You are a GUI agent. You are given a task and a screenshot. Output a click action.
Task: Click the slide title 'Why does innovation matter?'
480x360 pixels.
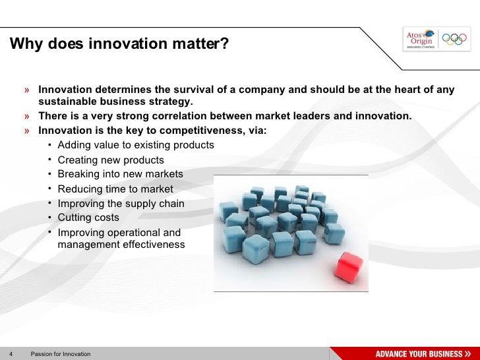(119, 44)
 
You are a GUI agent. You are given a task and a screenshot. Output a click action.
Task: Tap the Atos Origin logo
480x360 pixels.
(420, 39)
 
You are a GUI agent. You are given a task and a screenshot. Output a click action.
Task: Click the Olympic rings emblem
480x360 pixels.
(454, 39)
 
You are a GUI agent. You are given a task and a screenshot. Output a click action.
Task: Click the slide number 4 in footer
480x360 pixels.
(11, 354)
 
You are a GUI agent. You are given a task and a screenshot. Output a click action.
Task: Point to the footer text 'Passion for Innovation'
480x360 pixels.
(61, 354)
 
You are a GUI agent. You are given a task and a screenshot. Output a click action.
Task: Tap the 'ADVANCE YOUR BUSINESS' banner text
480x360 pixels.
(419, 353)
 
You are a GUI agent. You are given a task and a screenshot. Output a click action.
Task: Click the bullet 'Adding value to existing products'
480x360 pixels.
(136, 145)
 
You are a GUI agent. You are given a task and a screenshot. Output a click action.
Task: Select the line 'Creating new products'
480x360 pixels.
(111, 160)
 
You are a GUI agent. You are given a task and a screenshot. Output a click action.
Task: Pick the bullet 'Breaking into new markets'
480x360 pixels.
(120, 174)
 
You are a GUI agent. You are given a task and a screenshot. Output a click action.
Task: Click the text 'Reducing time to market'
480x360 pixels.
(115, 189)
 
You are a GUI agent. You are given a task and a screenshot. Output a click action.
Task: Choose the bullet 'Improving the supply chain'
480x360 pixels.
(121, 204)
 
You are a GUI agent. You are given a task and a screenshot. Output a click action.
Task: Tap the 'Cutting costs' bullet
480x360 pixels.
(88, 218)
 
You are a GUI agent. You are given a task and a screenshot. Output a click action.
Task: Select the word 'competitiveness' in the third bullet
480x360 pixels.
(202, 131)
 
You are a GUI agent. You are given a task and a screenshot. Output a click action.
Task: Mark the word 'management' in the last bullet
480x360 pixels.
(86, 245)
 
